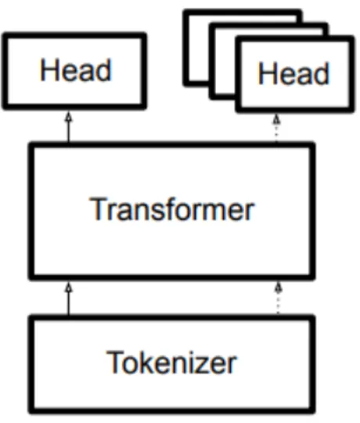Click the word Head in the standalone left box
tap(75, 70)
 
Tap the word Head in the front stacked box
tap(293, 73)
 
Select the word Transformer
tap(171, 209)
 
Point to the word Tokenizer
tap(171, 362)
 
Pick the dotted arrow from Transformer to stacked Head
tap(276, 128)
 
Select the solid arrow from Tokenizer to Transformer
tap(69, 298)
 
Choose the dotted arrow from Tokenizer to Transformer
tap(278, 298)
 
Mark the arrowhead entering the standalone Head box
tap(69, 117)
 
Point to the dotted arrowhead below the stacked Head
tap(276, 119)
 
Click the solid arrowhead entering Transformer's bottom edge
tap(69, 287)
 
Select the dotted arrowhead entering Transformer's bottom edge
tap(278, 287)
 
